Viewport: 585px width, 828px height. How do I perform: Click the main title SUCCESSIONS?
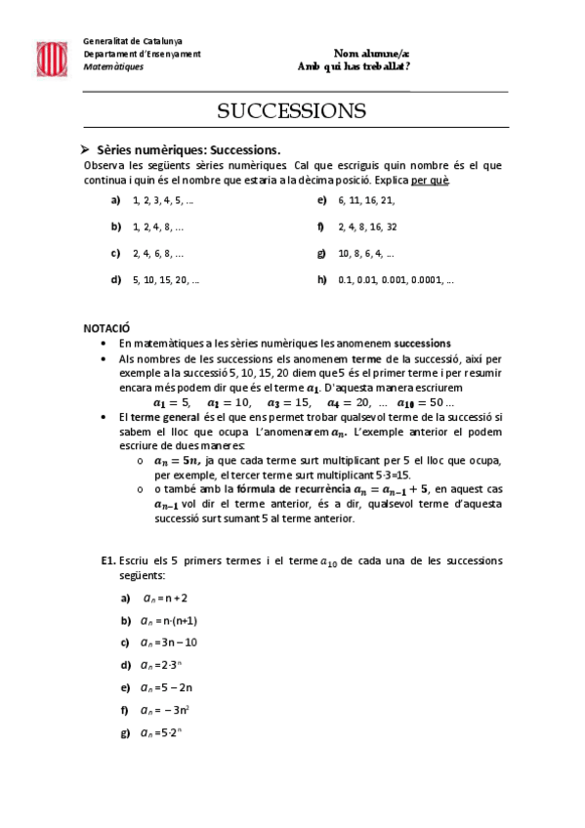pos(291,110)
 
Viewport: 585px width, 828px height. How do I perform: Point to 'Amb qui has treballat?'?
pos(353,66)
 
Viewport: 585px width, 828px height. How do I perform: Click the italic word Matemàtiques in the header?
pos(113,66)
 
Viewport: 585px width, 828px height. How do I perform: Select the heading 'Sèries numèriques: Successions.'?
pos(188,150)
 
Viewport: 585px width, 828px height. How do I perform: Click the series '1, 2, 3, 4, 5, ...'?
pos(163,200)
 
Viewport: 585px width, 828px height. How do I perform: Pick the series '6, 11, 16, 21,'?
pos(366,200)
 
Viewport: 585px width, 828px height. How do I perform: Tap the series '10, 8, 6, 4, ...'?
pos(366,253)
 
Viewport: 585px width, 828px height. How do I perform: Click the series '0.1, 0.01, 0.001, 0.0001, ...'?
pos(396,279)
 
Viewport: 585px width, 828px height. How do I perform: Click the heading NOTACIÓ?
pos(106,329)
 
